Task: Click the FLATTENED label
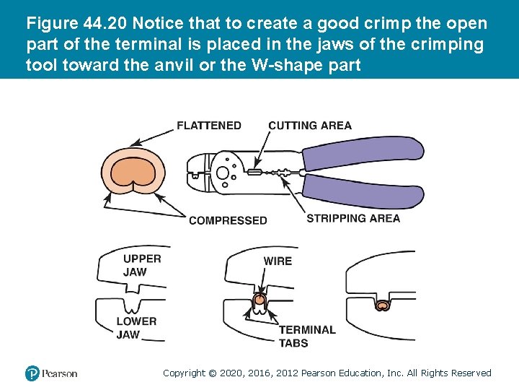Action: click(x=209, y=126)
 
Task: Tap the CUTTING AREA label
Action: click(x=309, y=126)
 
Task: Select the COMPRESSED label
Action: click(x=228, y=220)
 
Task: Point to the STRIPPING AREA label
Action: click(x=353, y=218)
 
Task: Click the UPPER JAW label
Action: click(x=142, y=265)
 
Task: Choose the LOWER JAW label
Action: click(x=136, y=328)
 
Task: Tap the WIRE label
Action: click(x=278, y=261)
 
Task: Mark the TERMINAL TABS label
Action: click(x=307, y=336)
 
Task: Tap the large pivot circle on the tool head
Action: click(x=223, y=173)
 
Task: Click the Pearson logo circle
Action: click(x=32, y=373)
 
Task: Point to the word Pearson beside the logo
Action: click(x=59, y=373)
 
